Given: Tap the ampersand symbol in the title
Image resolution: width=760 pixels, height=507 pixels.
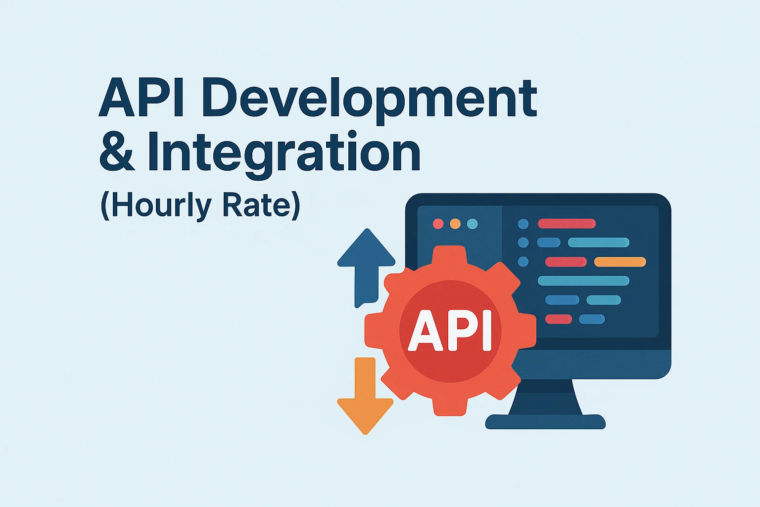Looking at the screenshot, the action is tap(117, 152).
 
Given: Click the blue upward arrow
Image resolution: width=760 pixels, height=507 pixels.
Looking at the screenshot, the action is tap(366, 268).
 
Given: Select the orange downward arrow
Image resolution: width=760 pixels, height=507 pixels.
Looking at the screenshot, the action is tap(365, 396).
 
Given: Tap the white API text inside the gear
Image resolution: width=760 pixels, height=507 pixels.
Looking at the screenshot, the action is tap(450, 330).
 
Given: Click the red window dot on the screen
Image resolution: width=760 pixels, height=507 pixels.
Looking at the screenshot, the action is tap(438, 224).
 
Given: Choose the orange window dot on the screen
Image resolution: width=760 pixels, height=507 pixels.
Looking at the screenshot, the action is tap(455, 224).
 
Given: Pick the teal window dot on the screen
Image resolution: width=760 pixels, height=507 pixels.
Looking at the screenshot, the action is tap(473, 224).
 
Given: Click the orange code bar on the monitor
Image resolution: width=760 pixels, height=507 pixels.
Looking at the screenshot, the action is tap(620, 262).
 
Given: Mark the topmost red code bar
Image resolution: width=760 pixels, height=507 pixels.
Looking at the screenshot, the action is tap(567, 223).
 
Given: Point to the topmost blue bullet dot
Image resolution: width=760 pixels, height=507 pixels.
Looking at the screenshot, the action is tap(523, 224).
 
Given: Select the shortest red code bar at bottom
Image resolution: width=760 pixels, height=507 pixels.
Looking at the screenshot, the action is tap(559, 319).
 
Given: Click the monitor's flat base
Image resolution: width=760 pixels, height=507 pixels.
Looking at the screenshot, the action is tap(545, 422).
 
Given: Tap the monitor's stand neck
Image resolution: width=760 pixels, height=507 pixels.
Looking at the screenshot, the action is tap(545, 397).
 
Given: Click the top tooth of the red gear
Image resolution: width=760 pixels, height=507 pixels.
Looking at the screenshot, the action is tap(450, 254).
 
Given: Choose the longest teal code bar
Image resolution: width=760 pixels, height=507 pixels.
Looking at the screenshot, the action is tap(583, 281).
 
